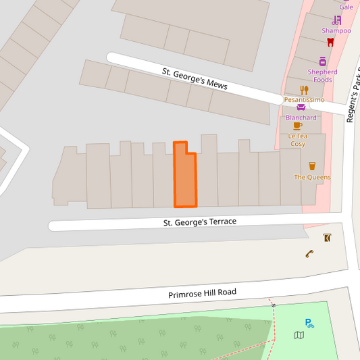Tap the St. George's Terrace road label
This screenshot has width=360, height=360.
[200, 222]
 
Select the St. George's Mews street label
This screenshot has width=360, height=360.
[195, 79]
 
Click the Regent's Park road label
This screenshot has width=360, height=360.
[352, 98]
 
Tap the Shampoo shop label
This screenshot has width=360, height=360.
[336, 30]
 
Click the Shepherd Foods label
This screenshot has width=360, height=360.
[322, 76]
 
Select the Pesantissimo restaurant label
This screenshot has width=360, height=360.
[304, 99]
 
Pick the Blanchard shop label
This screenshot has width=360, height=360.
[301, 118]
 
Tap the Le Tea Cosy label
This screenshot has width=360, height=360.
[298, 139]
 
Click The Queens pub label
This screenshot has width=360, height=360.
[312, 177]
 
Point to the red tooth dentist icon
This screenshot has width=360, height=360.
[330, 42]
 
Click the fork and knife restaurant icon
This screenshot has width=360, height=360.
[304, 89]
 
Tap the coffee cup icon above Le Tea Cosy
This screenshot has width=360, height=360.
[297, 126]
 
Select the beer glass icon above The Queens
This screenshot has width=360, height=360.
[312, 165]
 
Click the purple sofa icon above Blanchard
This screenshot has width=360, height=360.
[301, 107]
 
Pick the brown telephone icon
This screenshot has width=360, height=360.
[309, 254]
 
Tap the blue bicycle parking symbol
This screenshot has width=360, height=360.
[309, 324]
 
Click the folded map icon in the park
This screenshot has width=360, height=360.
[299, 335]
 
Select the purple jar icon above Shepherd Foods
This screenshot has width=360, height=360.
[322, 61]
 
